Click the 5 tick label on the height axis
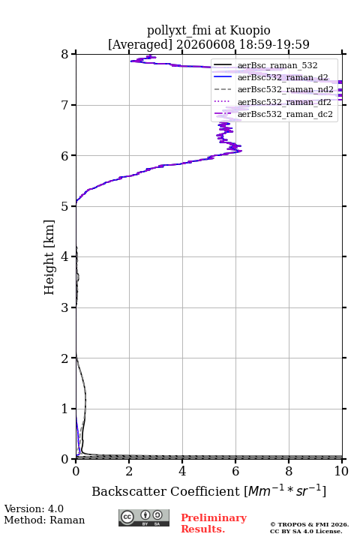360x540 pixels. [x=64, y=206]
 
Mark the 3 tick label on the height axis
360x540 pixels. [x=64, y=307]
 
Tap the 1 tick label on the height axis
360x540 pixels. [x=64, y=409]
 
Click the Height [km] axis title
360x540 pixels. [x=49, y=257]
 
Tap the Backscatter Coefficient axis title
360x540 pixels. [x=208, y=490]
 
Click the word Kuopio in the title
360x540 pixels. [x=250, y=31]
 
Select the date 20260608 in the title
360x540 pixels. [x=205, y=44]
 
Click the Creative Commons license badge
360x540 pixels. [x=144, y=517]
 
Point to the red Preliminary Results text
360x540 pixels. [x=214, y=523]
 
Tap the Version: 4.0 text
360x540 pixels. [x=34, y=508]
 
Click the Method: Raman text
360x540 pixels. [x=44, y=520]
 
